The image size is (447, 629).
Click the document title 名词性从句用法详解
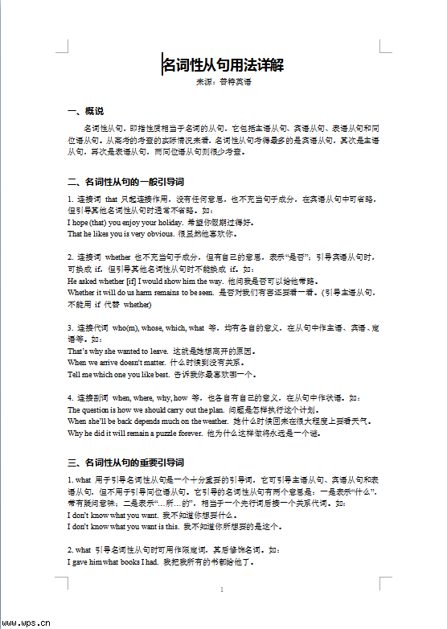[223, 64]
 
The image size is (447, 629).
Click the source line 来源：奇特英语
[223, 82]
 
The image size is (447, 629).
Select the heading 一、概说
[86, 111]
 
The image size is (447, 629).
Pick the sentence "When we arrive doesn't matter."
[117, 363]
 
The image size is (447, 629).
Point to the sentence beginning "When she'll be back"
[148, 421]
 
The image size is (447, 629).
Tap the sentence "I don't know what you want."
[113, 514]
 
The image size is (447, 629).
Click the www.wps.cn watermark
[27, 622]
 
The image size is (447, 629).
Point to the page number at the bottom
[221, 590]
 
